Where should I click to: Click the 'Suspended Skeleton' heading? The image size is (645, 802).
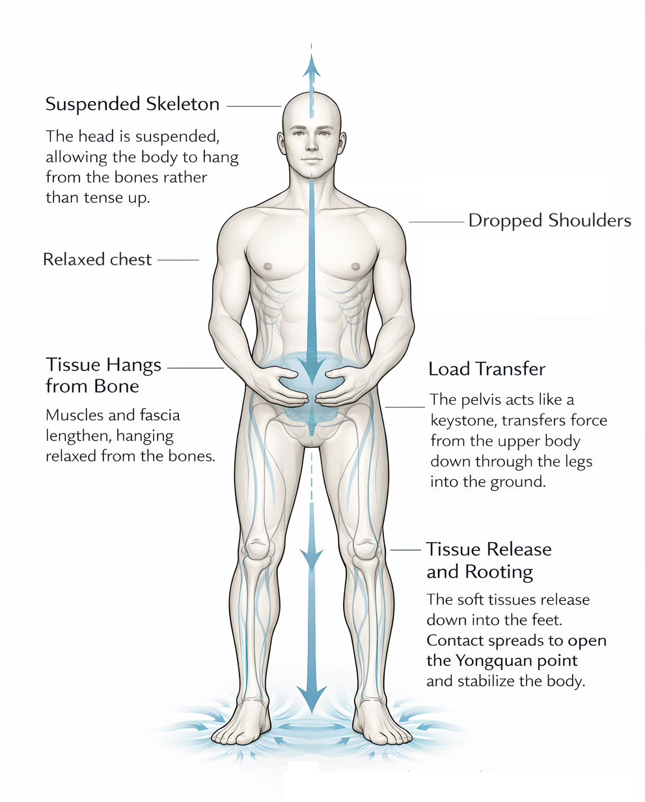point(132,104)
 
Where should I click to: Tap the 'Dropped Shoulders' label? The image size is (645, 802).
point(549,221)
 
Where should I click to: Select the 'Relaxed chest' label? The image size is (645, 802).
point(97,259)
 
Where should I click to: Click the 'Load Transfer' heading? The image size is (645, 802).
point(487,369)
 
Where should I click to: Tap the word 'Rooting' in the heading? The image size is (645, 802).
point(499,572)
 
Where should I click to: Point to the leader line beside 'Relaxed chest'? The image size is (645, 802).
point(178,260)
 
